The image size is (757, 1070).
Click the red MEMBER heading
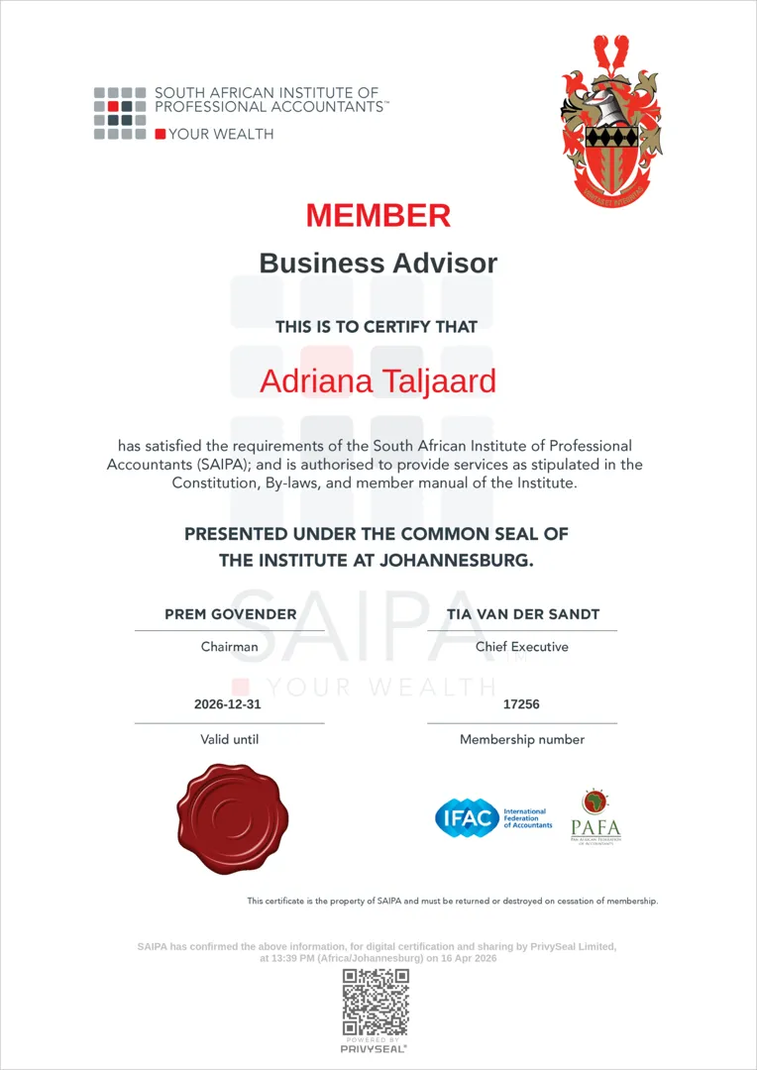coord(378,215)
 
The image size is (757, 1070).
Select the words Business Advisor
coord(378,264)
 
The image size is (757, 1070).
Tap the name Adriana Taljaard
coord(378,381)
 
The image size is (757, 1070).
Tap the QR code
coord(376,1002)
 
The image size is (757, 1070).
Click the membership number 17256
coord(521,704)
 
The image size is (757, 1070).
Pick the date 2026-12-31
coord(229,704)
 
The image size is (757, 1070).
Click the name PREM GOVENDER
coord(231,614)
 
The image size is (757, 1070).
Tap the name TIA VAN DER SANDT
coord(522,614)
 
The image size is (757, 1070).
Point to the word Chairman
coord(229,647)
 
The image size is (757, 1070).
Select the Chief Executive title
coord(522,647)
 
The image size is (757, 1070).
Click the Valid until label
coord(229,739)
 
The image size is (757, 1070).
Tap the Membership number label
coord(522,739)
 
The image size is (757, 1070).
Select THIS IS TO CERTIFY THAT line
coord(377,326)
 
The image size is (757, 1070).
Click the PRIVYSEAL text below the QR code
coord(375,1047)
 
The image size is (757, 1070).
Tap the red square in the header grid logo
coord(113,106)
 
